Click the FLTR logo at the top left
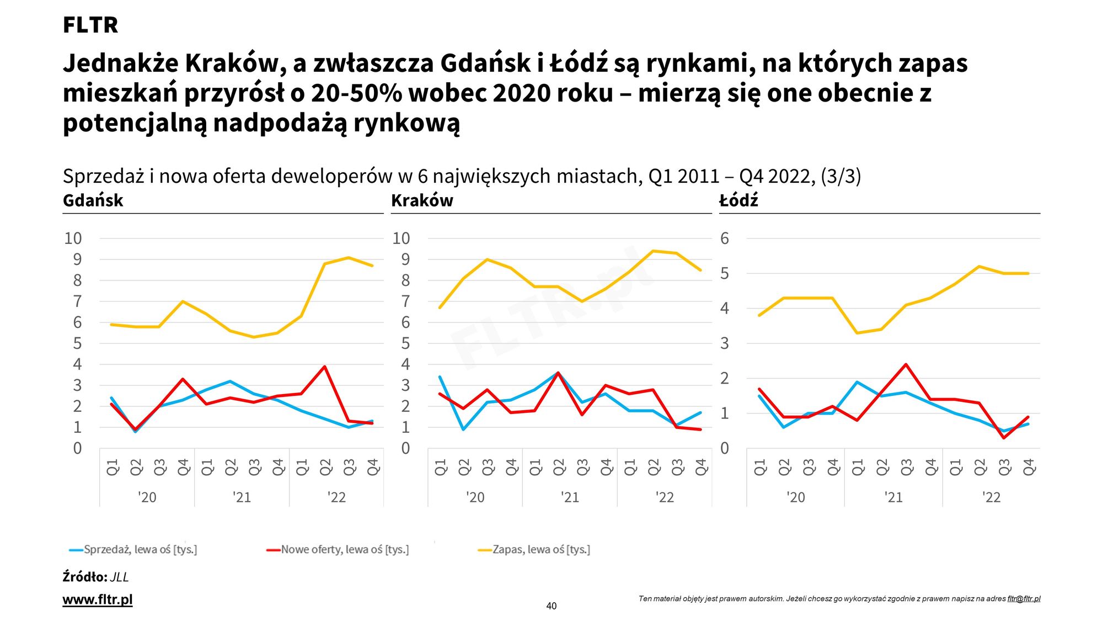coord(90,25)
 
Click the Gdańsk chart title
coord(93,200)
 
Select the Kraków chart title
coord(422,200)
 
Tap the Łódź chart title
coord(738,200)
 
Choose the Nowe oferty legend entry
coord(345,550)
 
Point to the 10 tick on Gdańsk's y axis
coord(73,238)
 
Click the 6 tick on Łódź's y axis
coord(725,238)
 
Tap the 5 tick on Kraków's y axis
coord(405,343)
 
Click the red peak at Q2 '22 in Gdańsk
coord(325,367)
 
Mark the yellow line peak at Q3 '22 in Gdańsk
coord(349,258)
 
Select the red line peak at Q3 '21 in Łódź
coord(906,364)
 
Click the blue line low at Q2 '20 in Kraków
coord(464,429)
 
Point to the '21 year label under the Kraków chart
coord(570,497)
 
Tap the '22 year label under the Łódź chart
coord(991,497)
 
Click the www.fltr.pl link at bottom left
coord(98,599)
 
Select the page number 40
coord(551,606)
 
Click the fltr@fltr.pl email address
coord(1024,599)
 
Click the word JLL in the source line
coord(119,577)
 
